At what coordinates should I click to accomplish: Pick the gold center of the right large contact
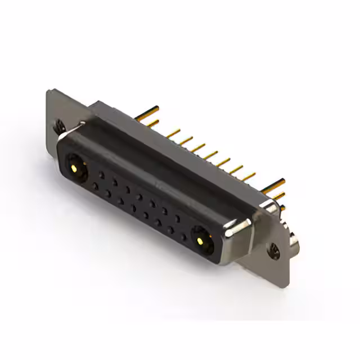click(x=200, y=241)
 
